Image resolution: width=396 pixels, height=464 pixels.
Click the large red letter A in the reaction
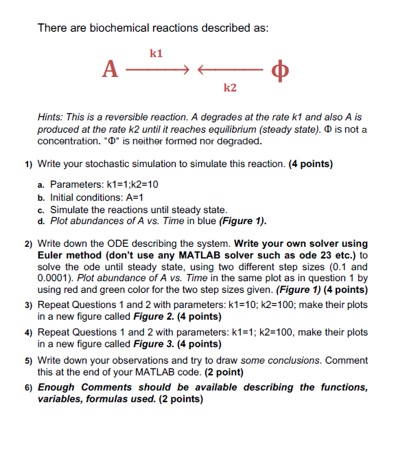coord(110,70)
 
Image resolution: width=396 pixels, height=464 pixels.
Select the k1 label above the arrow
coord(156,52)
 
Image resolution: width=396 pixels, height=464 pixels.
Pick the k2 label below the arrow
coord(230,89)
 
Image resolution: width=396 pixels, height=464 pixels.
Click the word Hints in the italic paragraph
coord(52,118)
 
